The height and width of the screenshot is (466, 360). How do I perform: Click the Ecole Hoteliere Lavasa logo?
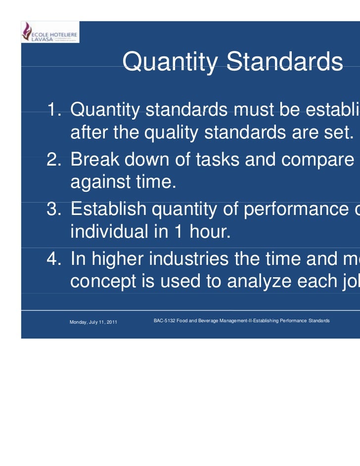point(49,33)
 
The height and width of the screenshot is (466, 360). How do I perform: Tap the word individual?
point(105,233)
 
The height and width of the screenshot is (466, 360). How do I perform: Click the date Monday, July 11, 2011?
point(93,322)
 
